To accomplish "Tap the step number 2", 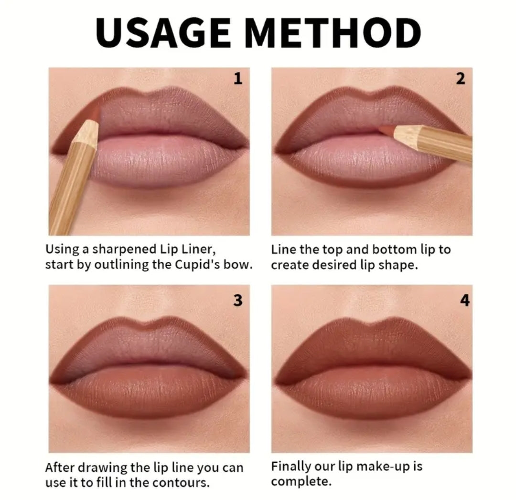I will coord(460,79).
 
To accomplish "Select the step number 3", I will coord(237,300).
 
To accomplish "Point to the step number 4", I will coord(464,301).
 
